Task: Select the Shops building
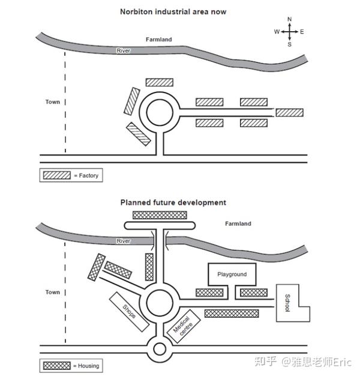[x=129, y=312]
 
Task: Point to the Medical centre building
[x=183, y=326]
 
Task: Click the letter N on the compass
[x=290, y=19]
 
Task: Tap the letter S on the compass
[x=290, y=44]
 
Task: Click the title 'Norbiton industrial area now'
[x=173, y=12]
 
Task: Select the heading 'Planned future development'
[x=173, y=202]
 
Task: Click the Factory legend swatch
[x=57, y=175]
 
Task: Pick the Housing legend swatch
[x=57, y=366]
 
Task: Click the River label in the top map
[x=124, y=50]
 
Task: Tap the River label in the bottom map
[x=124, y=241]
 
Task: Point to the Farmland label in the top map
[x=159, y=39]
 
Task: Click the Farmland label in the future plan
[x=238, y=223]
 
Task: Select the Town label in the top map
[x=53, y=102]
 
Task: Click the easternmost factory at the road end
[x=290, y=113]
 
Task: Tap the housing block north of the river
[x=160, y=215]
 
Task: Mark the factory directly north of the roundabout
[x=160, y=82]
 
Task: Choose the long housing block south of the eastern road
[x=232, y=314]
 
